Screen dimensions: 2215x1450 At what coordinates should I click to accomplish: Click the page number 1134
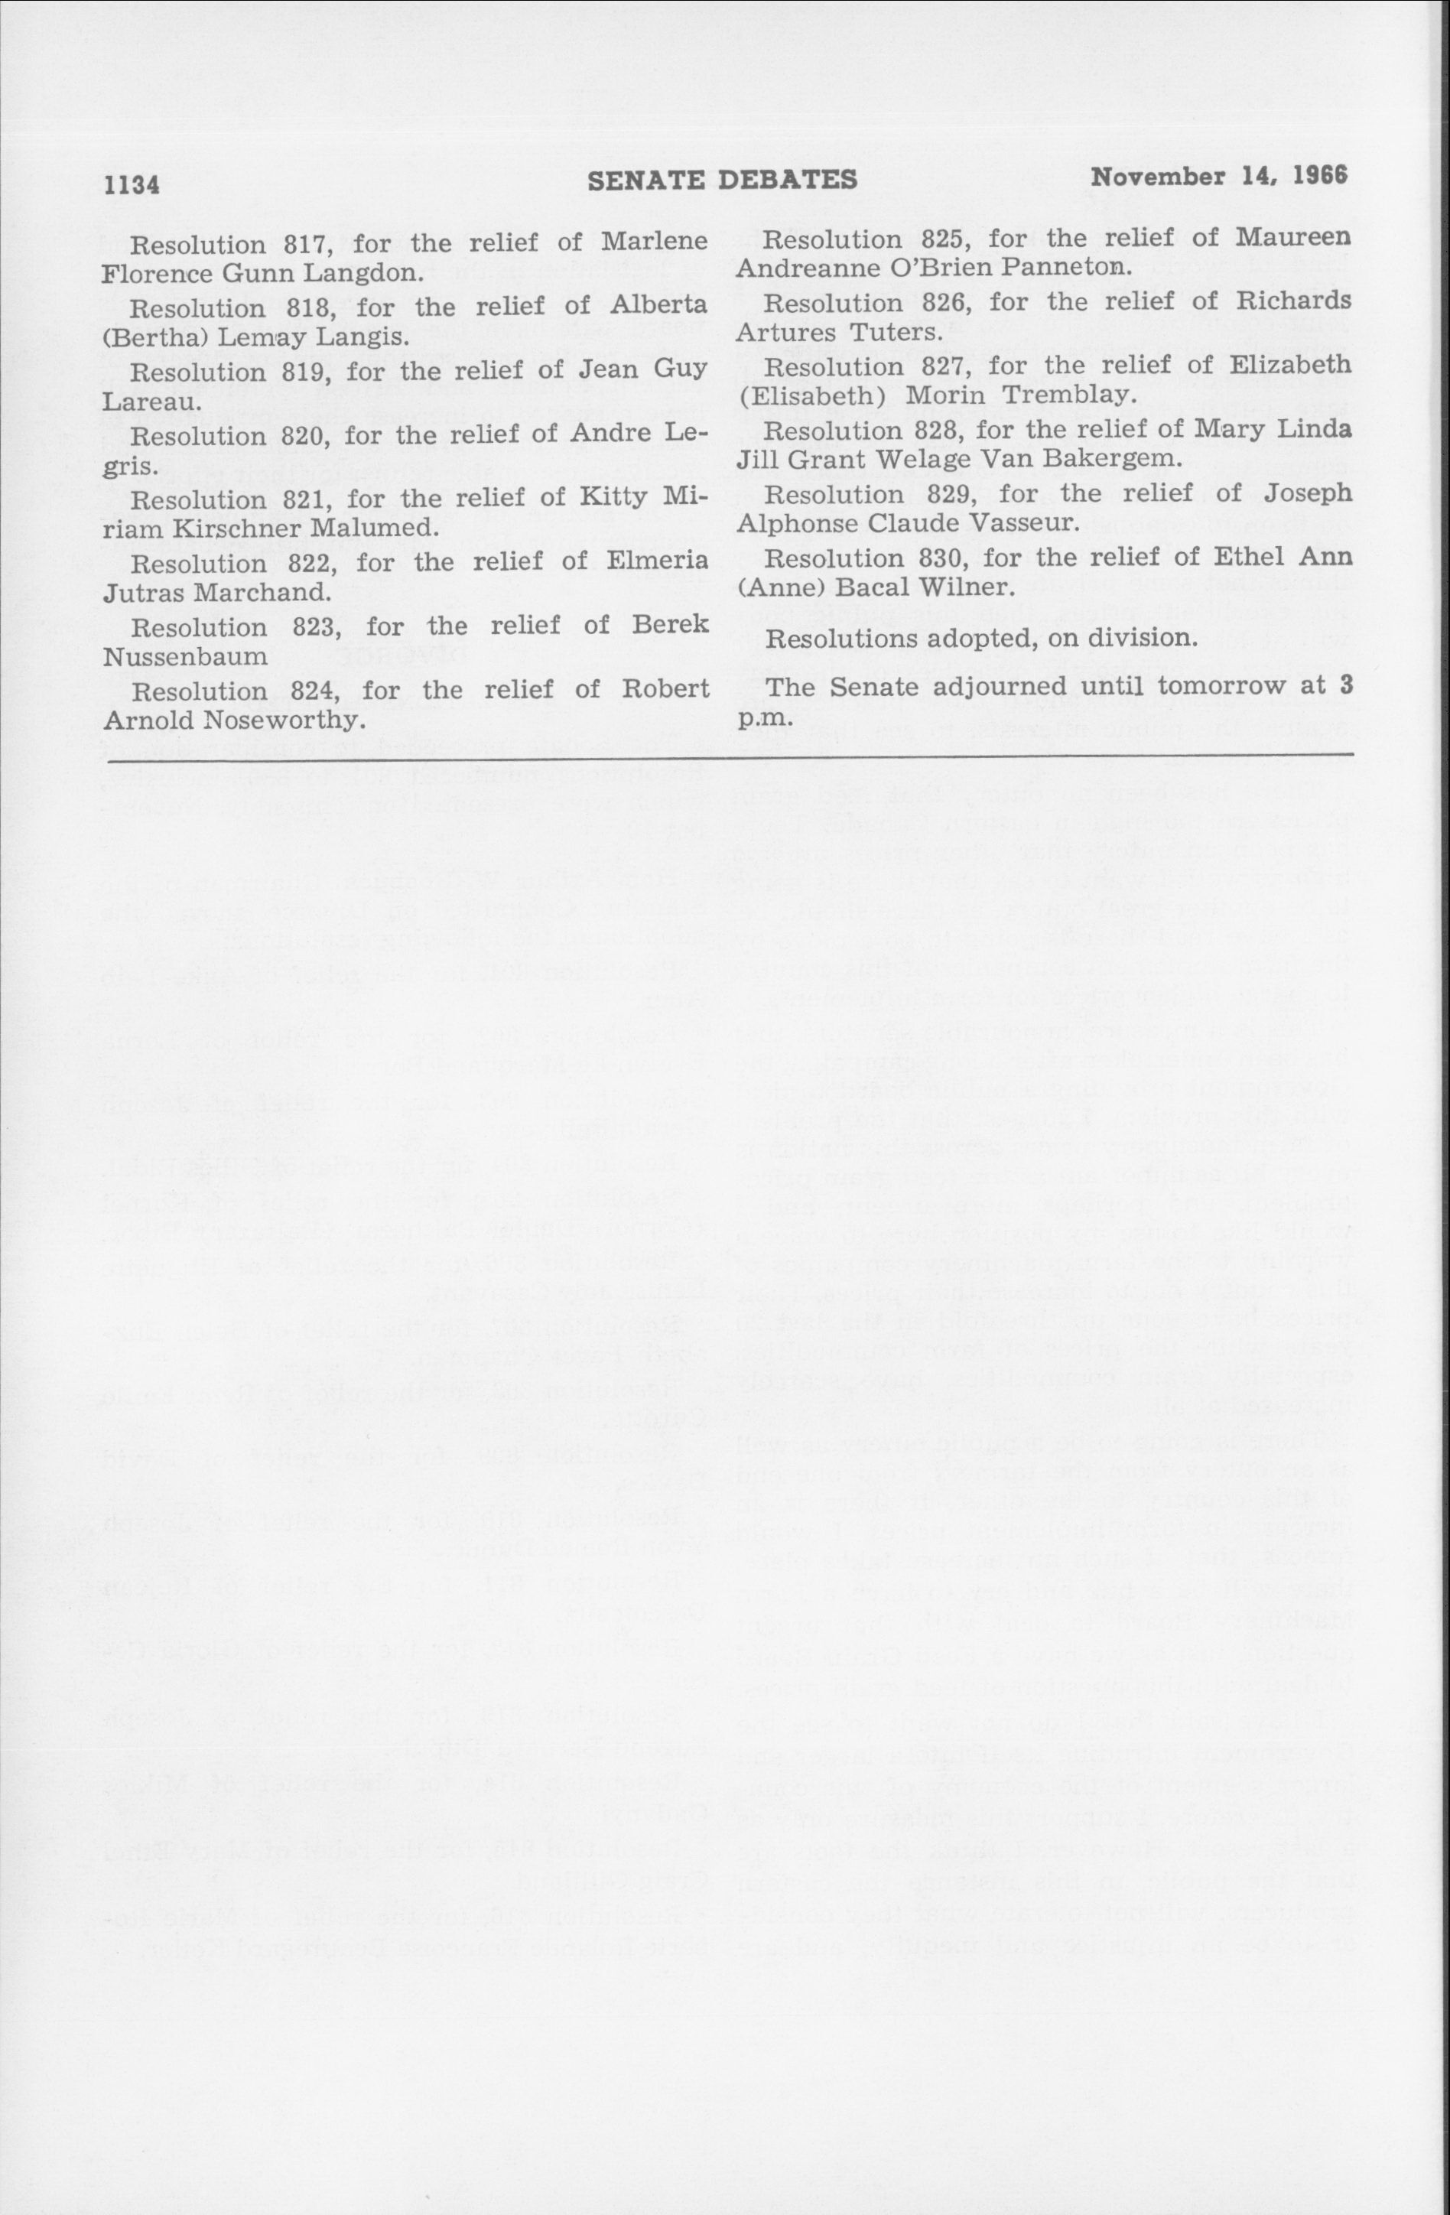coord(132,184)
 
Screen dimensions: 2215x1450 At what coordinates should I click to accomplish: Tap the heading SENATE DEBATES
coord(722,180)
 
